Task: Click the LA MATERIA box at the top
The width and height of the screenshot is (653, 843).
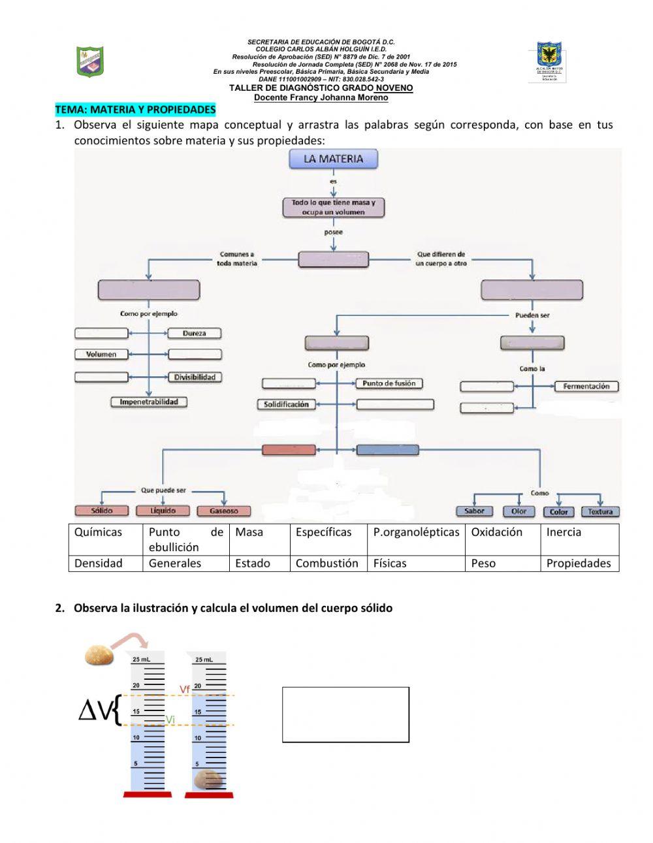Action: (333, 159)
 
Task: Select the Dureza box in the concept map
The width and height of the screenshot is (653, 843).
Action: (194, 333)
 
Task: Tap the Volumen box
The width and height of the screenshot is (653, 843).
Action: (101, 355)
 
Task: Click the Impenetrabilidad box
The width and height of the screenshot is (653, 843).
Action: (149, 402)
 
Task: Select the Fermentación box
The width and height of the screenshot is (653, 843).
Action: (586, 387)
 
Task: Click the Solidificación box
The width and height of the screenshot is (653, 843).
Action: (286, 405)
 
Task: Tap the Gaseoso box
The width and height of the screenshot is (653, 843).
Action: (224, 511)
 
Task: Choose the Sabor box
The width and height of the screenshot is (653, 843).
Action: (474, 511)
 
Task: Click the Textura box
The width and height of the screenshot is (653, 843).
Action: (599, 511)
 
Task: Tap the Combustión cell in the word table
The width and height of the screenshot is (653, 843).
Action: (327, 563)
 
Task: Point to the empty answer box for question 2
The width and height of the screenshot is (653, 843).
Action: (345, 714)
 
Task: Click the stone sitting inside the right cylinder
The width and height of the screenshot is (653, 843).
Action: (208, 778)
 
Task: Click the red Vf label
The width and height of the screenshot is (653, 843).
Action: (185, 690)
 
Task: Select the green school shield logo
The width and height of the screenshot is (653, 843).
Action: (91, 61)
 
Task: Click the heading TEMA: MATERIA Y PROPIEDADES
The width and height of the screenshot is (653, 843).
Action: (135, 109)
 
